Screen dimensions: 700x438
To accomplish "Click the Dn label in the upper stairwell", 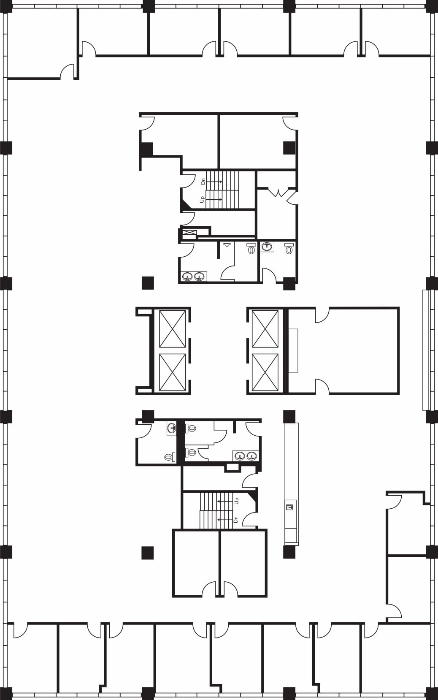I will tap(203, 181).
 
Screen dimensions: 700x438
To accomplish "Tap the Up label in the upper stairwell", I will tap(203, 199).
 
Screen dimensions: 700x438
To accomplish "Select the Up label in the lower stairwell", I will tap(237, 501).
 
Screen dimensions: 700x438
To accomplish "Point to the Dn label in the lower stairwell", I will tap(236, 519).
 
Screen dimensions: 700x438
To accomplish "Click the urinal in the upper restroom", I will tap(227, 245).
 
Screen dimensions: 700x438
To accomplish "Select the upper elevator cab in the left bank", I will tap(172, 329).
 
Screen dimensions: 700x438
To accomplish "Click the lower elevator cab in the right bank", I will tap(265, 372).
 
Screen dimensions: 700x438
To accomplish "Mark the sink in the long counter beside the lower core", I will tap(289, 507).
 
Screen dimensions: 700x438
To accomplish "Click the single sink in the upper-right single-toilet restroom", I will tap(267, 247).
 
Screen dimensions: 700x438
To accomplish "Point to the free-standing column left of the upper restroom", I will tap(148, 282).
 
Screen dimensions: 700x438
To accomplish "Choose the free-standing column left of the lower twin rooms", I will tap(147, 553).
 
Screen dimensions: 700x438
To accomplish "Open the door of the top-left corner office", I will tap(68, 72).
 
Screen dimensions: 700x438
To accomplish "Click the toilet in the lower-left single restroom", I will tap(169, 457).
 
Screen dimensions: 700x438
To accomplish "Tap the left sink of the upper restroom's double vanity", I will tap(187, 277).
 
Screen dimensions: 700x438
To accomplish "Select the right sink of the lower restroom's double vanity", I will tap(252, 456).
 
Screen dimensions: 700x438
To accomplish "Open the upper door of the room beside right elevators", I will tap(322, 315).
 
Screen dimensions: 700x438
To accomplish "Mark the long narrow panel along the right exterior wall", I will tap(426, 350).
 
